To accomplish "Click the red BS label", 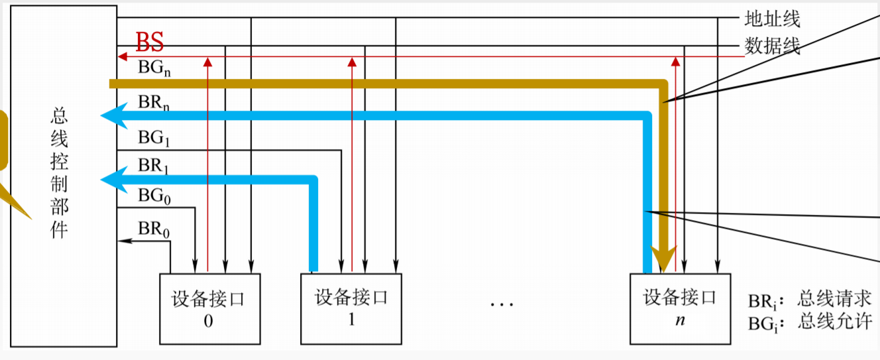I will (149, 42).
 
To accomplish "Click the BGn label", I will (154, 68).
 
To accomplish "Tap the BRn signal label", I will (154, 103).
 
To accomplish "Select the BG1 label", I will (152, 139).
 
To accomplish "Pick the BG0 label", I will (152, 196).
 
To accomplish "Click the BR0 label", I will (152, 229).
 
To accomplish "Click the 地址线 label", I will (773, 19).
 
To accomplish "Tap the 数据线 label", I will (773, 46).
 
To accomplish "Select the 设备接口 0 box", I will (210, 308).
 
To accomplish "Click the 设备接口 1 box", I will (351, 308).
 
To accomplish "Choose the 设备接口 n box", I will (680, 308).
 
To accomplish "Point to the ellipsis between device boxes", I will (502, 304).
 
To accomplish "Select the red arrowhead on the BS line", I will (122, 57).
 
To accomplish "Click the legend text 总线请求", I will (835, 298).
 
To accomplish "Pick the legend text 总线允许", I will (835, 323).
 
